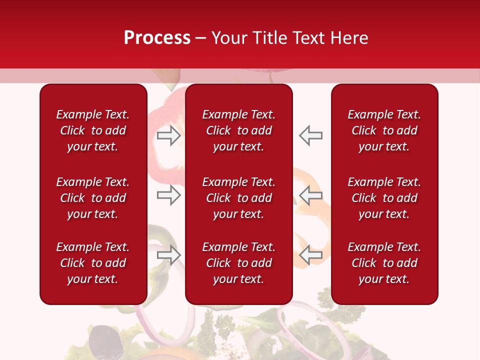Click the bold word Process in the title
click(x=157, y=38)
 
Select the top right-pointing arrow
click(x=168, y=135)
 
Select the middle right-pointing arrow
click(x=168, y=195)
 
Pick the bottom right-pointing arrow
click(x=168, y=255)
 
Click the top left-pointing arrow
click(x=311, y=135)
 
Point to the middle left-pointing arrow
click(x=311, y=195)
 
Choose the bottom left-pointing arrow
click(x=311, y=255)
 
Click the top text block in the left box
click(x=93, y=130)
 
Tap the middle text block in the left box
click(x=93, y=198)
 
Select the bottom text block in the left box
click(x=93, y=263)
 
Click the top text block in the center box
click(x=238, y=130)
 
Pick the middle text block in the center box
click(x=238, y=198)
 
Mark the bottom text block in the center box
click(x=238, y=263)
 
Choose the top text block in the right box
click(x=384, y=130)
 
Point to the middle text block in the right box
click(x=384, y=198)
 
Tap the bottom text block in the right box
click(x=384, y=263)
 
